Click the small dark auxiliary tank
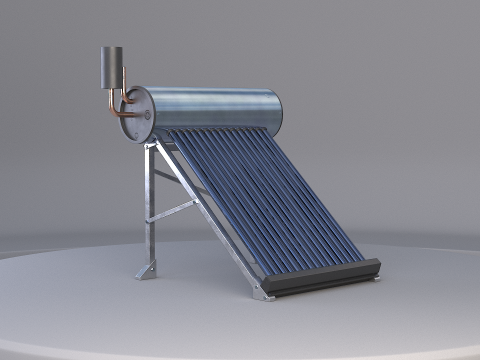pos(111,68)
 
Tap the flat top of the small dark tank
pos(111,48)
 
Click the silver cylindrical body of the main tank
pos(215,110)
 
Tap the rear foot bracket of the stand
pos(145,271)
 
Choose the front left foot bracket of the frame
pos(264,291)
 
